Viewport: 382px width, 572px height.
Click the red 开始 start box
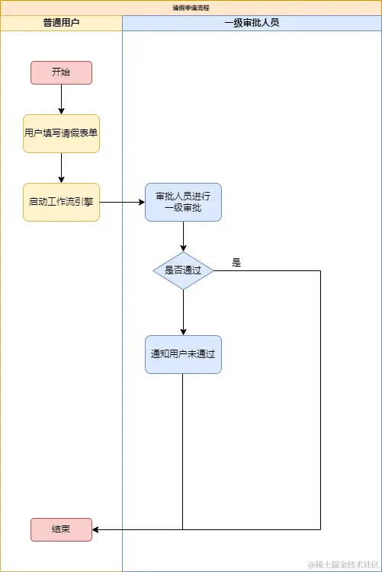[61, 72]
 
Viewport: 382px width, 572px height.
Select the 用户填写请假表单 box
[61, 133]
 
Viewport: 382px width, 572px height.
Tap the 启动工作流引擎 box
[61, 202]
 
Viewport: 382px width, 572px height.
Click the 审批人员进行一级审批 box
[183, 202]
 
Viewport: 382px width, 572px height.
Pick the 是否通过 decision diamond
[183, 270]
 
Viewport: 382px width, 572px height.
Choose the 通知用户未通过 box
[183, 354]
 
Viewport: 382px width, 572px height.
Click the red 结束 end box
[61, 529]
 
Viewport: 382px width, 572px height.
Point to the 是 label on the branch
[236, 263]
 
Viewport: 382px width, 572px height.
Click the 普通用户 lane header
[61, 23]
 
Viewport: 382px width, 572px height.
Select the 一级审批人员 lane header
[252, 23]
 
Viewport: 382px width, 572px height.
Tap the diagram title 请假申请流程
[191, 7]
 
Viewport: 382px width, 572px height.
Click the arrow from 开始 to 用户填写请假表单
[61, 99]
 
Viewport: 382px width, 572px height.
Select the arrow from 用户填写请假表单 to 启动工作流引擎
[61, 168]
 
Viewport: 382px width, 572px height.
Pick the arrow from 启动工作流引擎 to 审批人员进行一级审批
[122, 202]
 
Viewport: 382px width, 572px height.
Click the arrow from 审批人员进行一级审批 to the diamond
[183, 236]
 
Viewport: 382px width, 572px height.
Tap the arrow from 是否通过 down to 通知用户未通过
[183, 312]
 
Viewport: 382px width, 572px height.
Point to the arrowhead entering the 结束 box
[96, 529]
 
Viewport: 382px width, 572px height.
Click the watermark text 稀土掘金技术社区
[342, 564]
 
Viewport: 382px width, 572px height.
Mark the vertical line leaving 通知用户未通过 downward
[183, 449]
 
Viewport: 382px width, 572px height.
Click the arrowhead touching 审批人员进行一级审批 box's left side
[141, 202]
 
